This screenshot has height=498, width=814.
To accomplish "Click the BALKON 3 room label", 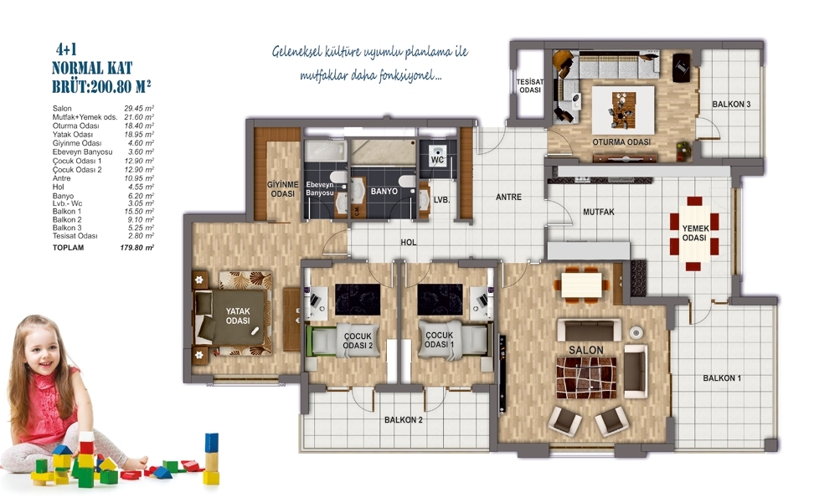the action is (x=731, y=105).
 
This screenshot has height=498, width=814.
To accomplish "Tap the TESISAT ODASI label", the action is (x=530, y=86).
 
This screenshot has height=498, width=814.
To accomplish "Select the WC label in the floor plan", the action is (x=437, y=160).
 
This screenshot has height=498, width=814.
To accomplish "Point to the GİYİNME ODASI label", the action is (x=283, y=189).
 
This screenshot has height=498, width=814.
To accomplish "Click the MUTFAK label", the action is (x=599, y=212).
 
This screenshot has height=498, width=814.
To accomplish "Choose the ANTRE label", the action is (x=508, y=198).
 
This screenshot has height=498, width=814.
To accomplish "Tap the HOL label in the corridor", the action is (x=409, y=242).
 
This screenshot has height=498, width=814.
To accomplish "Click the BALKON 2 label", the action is (x=404, y=419).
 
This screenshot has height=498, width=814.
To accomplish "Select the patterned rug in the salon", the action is (x=586, y=377).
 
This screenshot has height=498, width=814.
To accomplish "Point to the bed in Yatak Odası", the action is (x=233, y=314).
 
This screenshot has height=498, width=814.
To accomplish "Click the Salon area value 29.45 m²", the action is (x=139, y=109).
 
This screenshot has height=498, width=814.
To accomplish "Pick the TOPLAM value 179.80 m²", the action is (x=137, y=248).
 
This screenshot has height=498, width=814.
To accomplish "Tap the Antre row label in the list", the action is (x=61, y=178).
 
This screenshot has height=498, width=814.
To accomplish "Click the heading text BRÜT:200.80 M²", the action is (x=101, y=86).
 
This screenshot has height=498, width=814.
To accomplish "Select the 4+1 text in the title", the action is (x=66, y=50).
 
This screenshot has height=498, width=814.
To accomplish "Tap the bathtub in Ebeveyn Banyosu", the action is (x=326, y=151).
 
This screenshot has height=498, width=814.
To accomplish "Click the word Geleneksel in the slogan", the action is (x=296, y=52).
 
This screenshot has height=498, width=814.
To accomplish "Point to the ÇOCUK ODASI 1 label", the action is (x=439, y=341).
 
